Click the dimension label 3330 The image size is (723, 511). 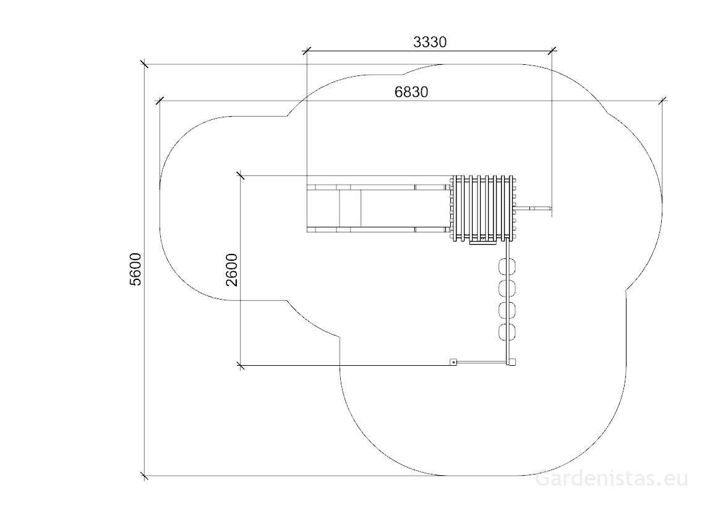[430, 42]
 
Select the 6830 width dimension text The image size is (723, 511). [411, 92]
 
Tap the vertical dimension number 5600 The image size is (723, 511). [135, 269]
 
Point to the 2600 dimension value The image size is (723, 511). [231, 270]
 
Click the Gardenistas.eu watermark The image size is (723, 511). [612, 479]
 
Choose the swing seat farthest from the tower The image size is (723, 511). [507, 332]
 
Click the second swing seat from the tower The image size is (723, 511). [507, 289]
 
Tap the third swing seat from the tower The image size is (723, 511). [507, 310]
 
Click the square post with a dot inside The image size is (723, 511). [453, 363]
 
